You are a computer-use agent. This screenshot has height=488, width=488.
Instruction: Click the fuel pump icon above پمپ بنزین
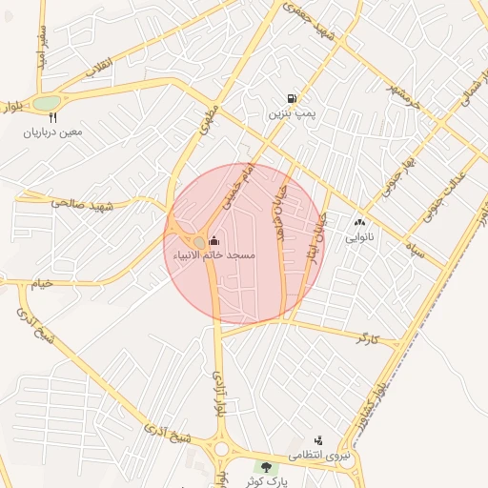pos(291,98)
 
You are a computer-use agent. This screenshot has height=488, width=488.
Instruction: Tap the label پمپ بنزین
pos(291,113)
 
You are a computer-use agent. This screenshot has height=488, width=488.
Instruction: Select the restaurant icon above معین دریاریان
pos(52,118)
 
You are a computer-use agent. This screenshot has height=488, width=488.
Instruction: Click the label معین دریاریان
pos(53,132)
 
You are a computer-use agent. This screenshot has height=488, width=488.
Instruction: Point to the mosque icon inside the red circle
pos(213,240)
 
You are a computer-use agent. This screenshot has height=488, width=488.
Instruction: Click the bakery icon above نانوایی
pos(359,221)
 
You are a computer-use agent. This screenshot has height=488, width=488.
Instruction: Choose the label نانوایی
pos(359,235)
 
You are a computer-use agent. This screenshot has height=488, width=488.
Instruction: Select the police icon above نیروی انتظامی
pos(318,440)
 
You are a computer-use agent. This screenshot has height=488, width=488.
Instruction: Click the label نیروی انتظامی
pos(319,456)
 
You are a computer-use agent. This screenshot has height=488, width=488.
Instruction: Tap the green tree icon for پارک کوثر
pos(266,467)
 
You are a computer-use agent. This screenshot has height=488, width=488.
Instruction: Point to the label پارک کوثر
pos(265,481)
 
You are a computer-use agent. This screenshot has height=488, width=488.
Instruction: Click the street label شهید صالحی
pos(83,204)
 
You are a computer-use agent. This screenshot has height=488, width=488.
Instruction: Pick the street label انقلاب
pos(99,69)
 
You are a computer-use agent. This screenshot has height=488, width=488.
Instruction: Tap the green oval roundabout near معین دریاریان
pos(46,103)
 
